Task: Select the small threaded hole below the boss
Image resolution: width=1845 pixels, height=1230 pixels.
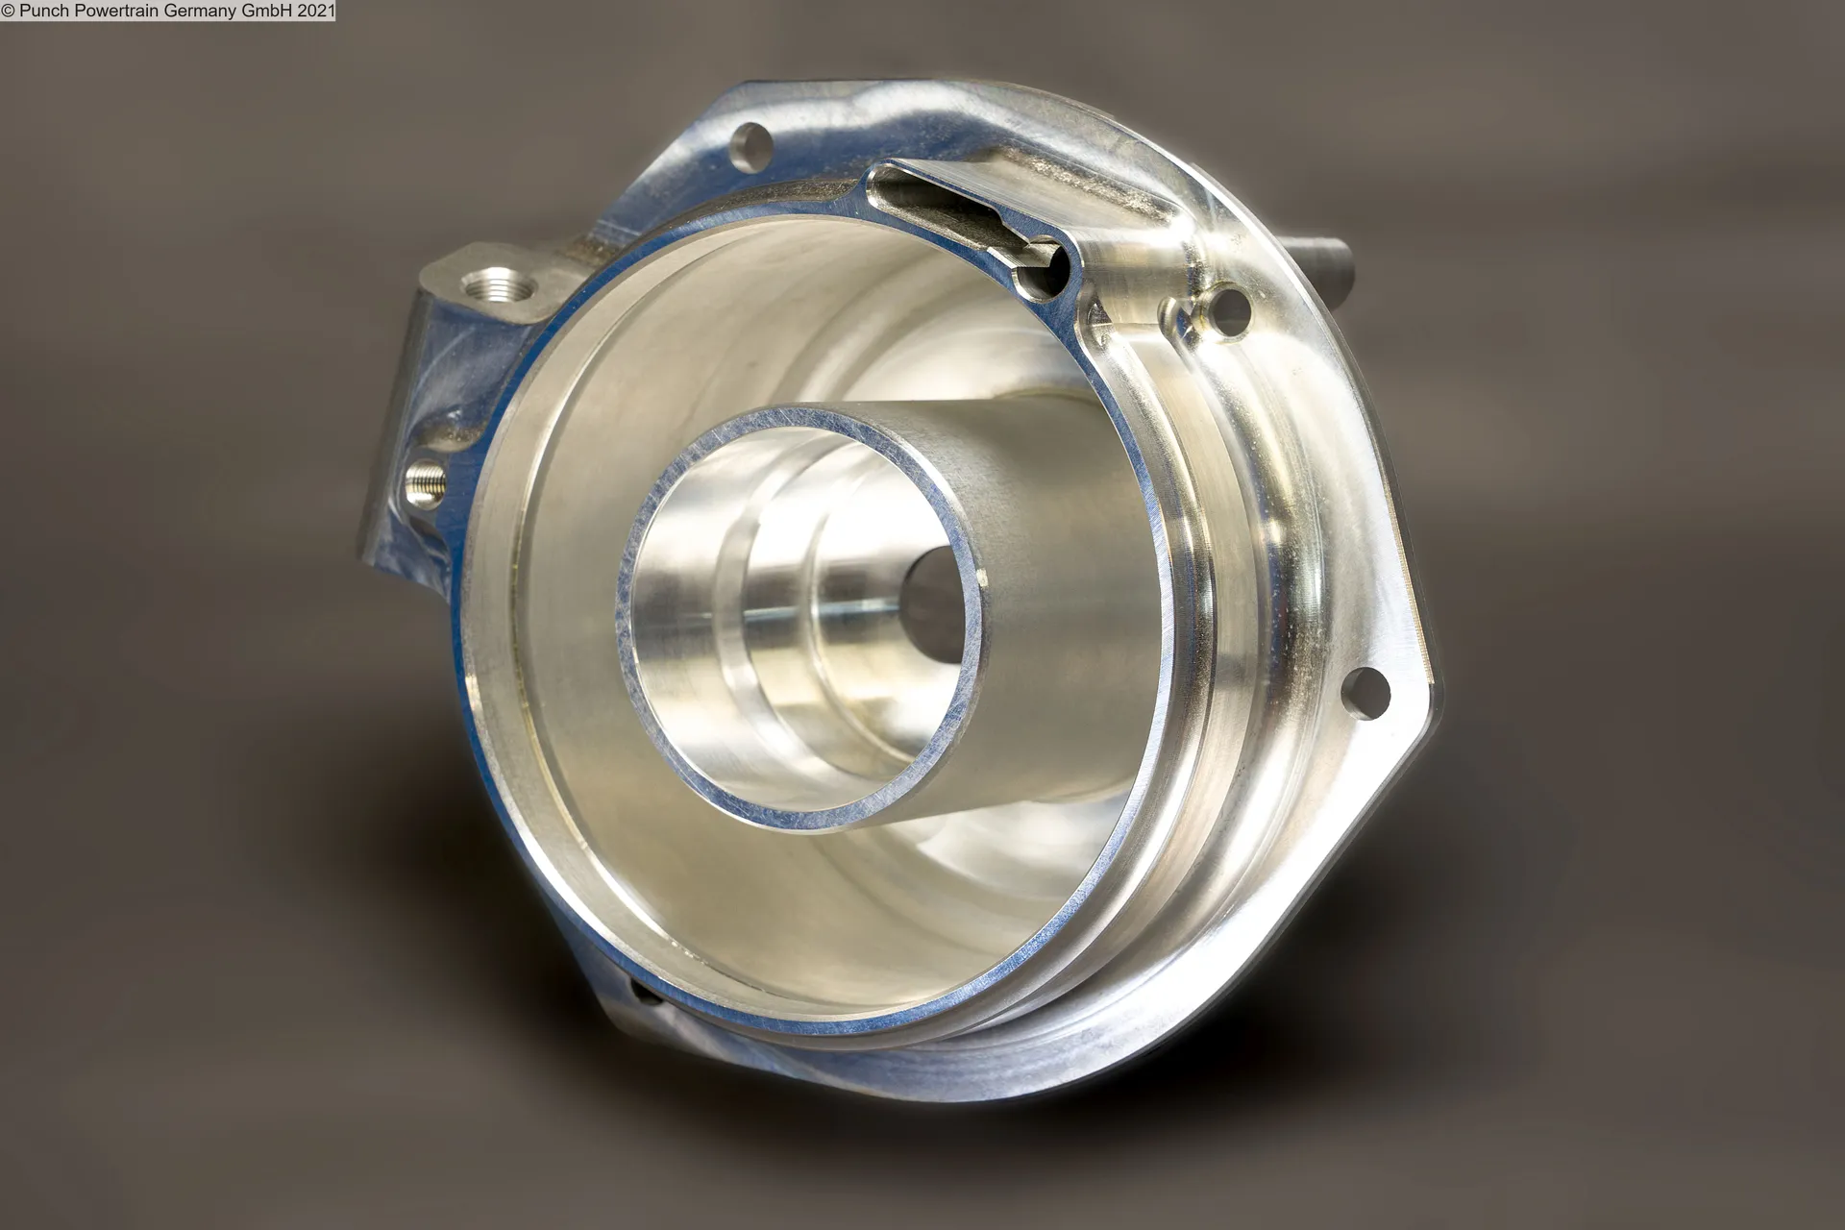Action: click(424, 478)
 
